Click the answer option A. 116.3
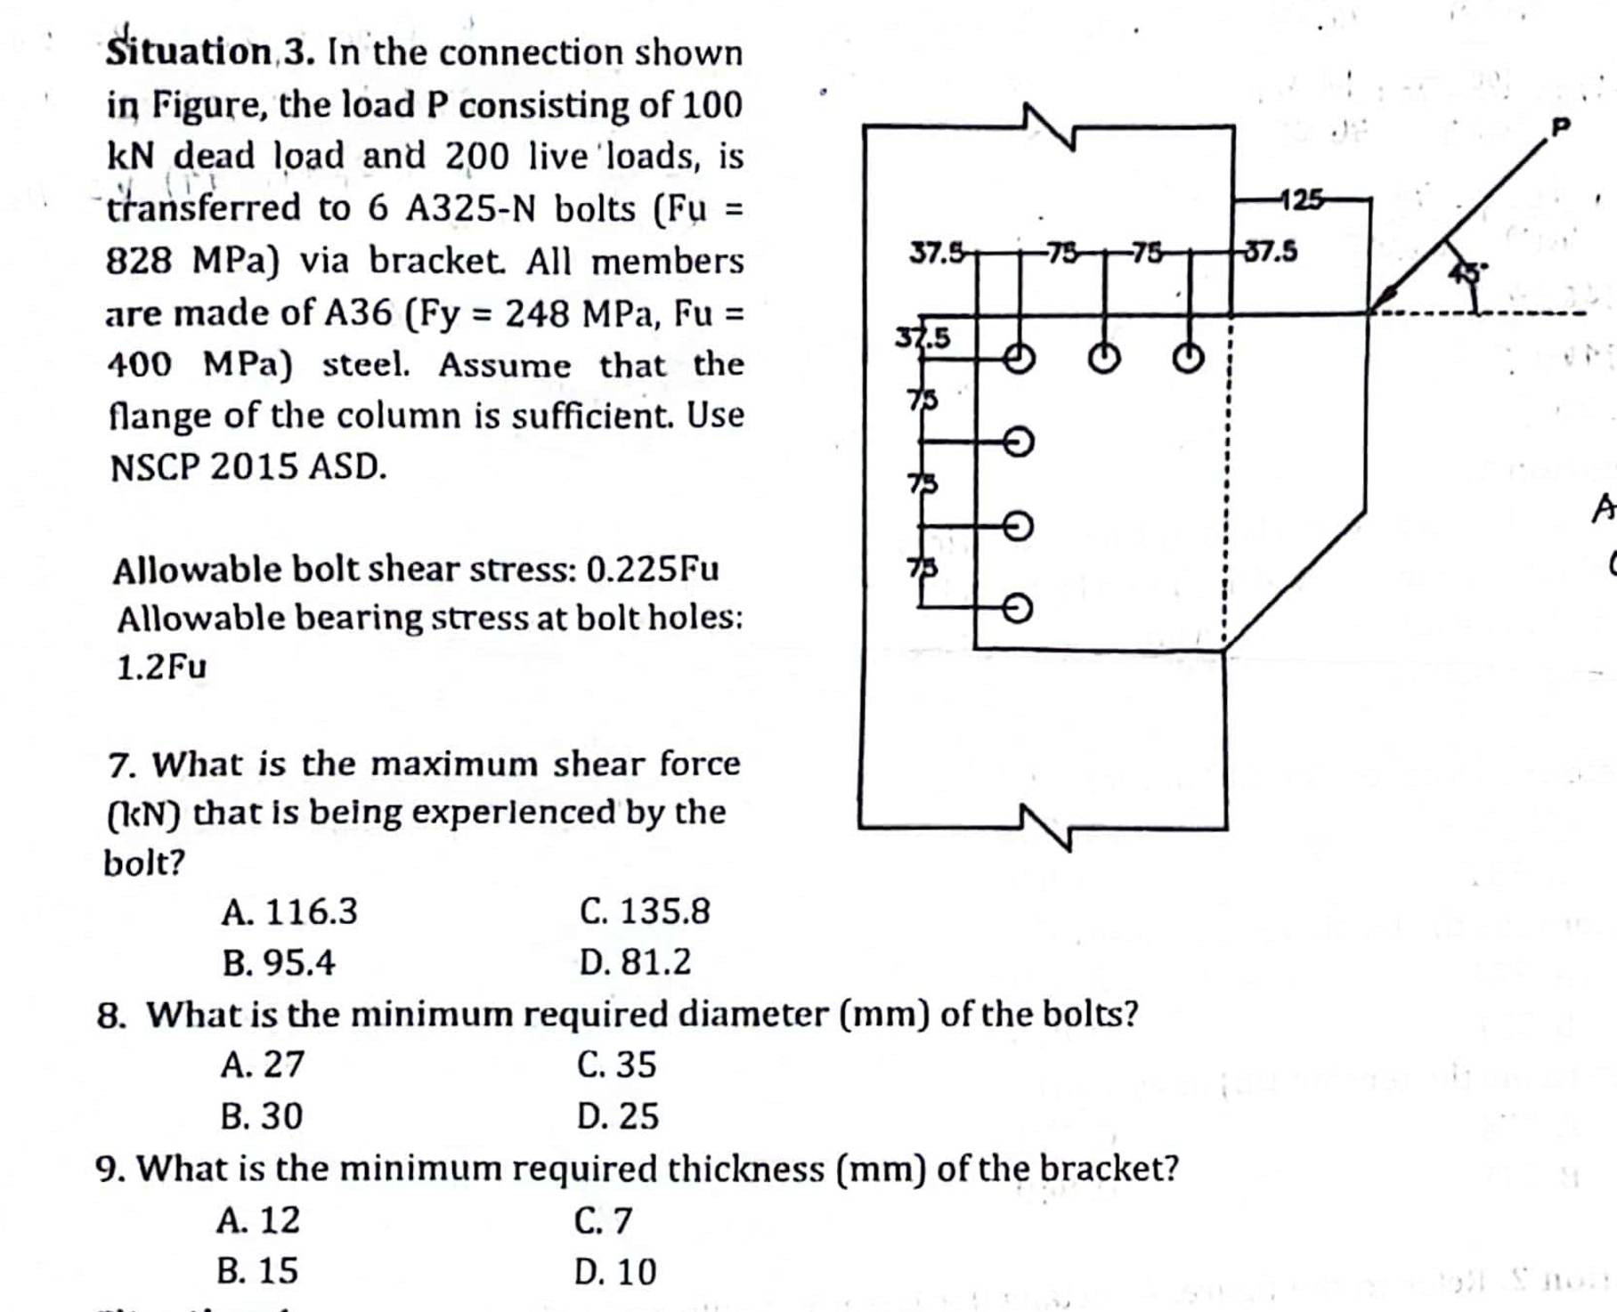coord(289,911)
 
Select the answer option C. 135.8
coord(645,911)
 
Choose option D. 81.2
coord(634,962)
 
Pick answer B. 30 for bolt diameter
coord(262,1115)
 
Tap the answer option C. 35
coord(616,1065)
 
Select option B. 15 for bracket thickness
coord(257,1270)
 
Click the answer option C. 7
coord(603,1220)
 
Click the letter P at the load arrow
coord(1559,127)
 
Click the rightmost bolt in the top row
coord(1188,359)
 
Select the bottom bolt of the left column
coord(1019,609)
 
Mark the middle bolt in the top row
coord(1104,359)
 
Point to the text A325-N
coord(471,209)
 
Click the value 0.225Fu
coord(653,569)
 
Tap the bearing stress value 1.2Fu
coord(161,666)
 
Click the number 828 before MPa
coord(139,261)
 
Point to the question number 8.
coord(109,1015)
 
